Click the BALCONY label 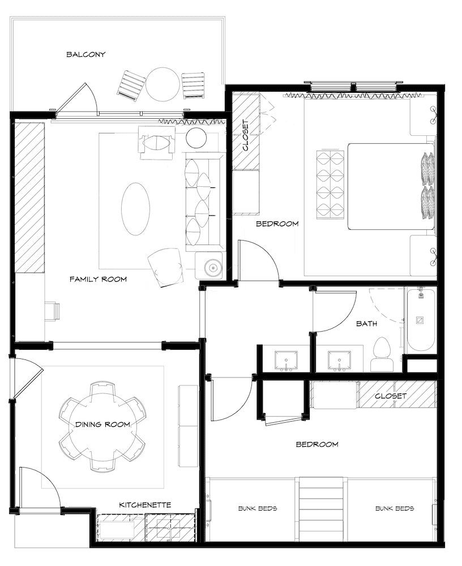(x=85, y=55)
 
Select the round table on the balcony (x=162, y=84)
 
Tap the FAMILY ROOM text (x=98, y=279)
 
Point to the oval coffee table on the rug (x=135, y=208)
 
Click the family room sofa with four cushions (x=203, y=201)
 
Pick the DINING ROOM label (x=102, y=424)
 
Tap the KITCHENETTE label (x=145, y=504)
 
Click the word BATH (x=366, y=324)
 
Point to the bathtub (x=420, y=320)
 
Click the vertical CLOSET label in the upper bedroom (x=245, y=136)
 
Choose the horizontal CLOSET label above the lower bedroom (x=391, y=396)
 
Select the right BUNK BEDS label (x=395, y=508)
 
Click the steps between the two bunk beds (x=322, y=509)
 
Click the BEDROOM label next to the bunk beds (x=317, y=444)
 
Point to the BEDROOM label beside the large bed (x=277, y=224)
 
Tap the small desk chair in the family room (x=53, y=311)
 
